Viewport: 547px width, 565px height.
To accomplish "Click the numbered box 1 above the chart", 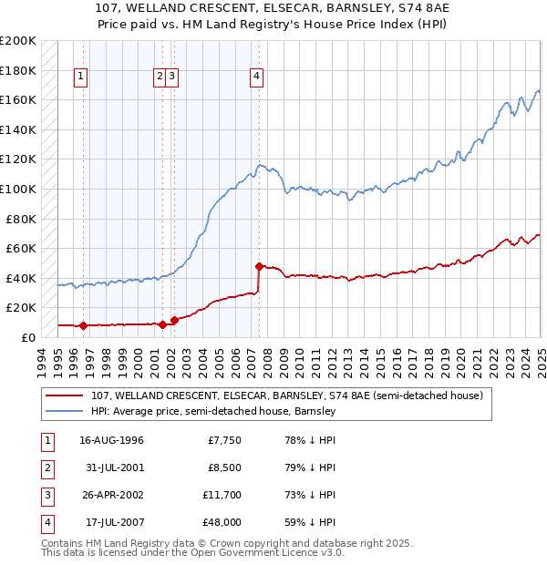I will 82,77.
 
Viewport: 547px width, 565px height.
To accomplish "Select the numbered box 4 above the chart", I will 257,77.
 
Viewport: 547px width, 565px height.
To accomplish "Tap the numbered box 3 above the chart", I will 172,77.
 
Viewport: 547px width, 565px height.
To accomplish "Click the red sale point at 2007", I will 260,266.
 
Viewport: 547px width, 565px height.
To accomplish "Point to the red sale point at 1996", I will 83,325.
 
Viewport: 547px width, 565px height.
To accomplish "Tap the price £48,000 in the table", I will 221,523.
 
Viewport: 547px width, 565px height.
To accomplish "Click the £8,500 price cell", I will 223,468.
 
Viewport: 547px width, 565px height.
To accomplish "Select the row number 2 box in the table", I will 46,468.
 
